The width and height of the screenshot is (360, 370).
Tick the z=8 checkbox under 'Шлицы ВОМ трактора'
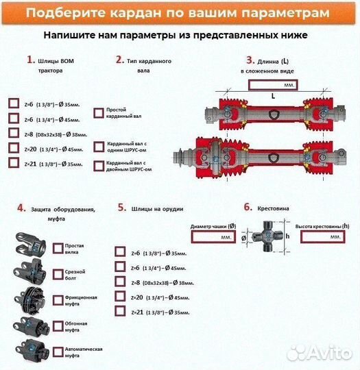click(14, 133)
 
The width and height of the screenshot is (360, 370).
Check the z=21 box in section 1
click(14, 163)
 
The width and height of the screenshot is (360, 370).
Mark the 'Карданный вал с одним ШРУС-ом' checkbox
click(98, 146)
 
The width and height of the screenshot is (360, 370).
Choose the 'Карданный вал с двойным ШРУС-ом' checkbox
click(98, 165)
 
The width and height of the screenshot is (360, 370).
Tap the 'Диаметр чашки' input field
click(213, 236)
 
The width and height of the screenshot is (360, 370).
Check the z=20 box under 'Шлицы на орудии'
click(121, 297)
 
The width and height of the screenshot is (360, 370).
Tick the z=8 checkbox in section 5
click(121, 282)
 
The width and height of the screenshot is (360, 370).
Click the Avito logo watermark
click(318, 352)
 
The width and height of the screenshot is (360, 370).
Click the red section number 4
click(21, 207)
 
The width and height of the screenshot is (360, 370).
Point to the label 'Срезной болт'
click(75, 275)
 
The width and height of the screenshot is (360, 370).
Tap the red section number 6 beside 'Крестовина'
click(248, 206)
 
